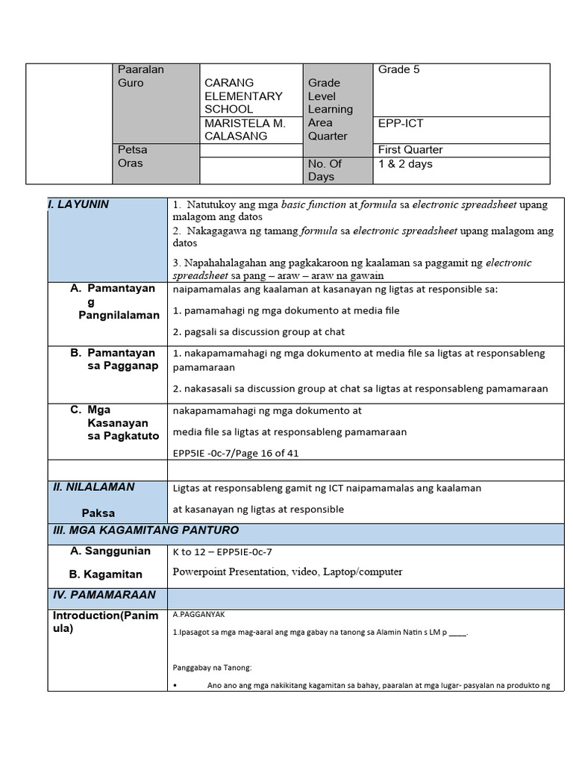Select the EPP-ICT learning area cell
point(401,123)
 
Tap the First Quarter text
point(410,150)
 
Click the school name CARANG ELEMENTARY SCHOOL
point(243,95)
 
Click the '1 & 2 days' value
point(405,164)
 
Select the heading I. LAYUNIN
point(78,204)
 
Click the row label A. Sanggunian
point(110,551)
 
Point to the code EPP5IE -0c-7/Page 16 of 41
point(236,452)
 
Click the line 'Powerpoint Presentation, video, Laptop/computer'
point(287,572)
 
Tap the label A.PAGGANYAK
point(198,615)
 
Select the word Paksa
point(98,513)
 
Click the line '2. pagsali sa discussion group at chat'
point(258,332)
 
